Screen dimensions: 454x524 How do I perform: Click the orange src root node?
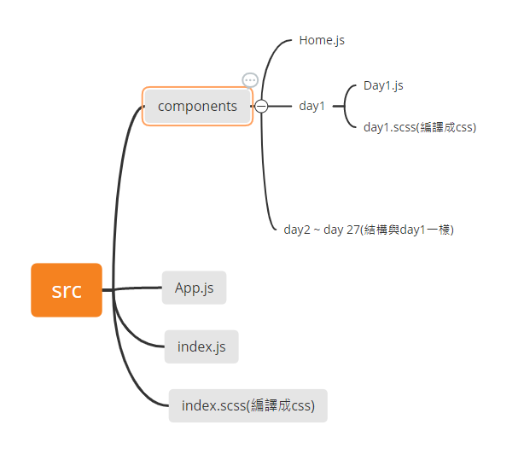coord(67,290)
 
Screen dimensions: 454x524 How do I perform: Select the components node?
coord(197,107)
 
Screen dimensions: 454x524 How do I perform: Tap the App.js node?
coord(194,288)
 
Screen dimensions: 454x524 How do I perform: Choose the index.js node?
coord(201,346)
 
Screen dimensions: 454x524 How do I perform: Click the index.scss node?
coord(247,405)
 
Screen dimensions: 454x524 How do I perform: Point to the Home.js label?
coord(322,40)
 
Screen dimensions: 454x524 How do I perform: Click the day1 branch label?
coord(311,107)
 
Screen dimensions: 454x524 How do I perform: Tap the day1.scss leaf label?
coord(419,127)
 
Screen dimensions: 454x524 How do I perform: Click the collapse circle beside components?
coord(261,107)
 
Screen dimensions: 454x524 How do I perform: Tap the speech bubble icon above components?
coord(250,80)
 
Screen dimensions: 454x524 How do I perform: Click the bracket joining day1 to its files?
coord(346,107)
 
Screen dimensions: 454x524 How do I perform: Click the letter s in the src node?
coord(55,291)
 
